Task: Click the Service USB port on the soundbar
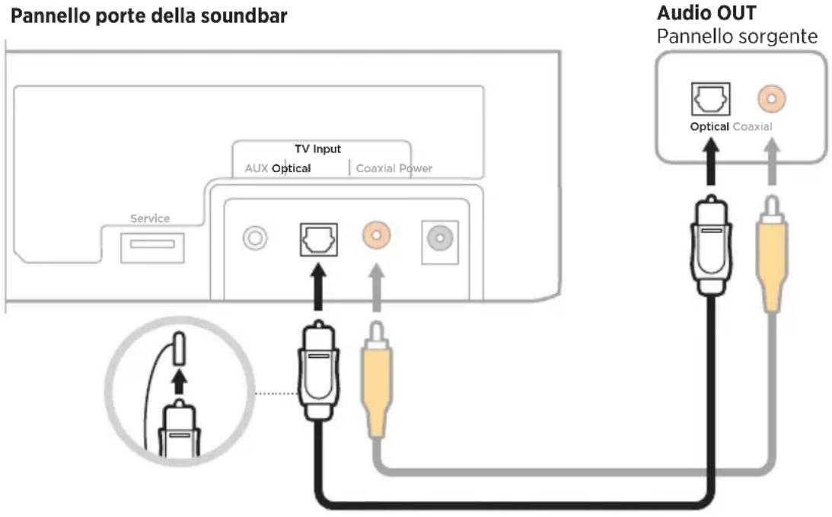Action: pyautogui.click(x=152, y=248)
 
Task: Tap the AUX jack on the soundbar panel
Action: pyautogui.click(x=255, y=238)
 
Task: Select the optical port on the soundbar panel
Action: pyautogui.click(x=318, y=239)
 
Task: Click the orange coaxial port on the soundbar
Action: pyautogui.click(x=377, y=235)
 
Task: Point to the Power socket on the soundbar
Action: pyautogui.click(x=440, y=238)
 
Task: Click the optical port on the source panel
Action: pyautogui.click(x=710, y=99)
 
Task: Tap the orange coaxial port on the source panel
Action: pyautogui.click(x=772, y=99)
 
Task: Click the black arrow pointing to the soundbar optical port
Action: pyautogui.click(x=318, y=287)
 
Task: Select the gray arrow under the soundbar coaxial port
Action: pyautogui.click(x=377, y=288)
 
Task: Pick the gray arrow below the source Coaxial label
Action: pyautogui.click(x=772, y=161)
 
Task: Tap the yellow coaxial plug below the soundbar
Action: pyautogui.click(x=377, y=379)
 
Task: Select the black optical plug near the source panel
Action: pyautogui.click(x=712, y=244)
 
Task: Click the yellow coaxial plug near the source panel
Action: pyautogui.click(x=772, y=254)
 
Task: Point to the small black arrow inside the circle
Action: pyautogui.click(x=180, y=381)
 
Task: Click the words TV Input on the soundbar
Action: pyautogui.click(x=318, y=149)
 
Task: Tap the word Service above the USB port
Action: pyautogui.click(x=150, y=219)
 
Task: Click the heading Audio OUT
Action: pyautogui.click(x=706, y=13)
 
